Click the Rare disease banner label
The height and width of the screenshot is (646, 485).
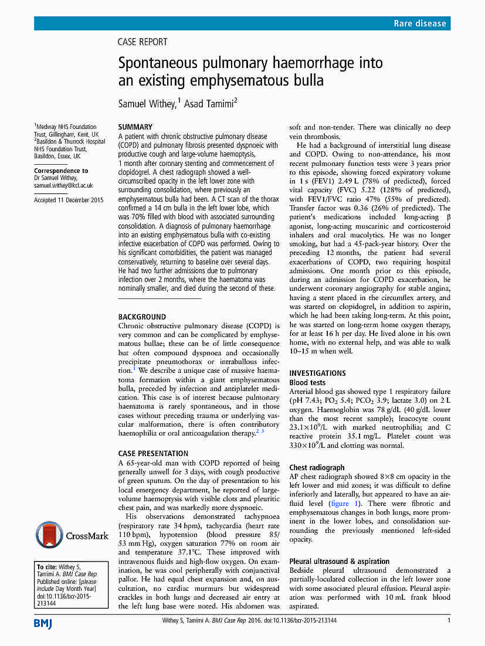click(x=419, y=23)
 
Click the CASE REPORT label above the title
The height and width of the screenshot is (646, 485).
click(x=143, y=42)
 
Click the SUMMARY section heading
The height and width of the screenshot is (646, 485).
click(x=135, y=127)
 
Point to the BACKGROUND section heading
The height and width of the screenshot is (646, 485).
click(x=142, y=317)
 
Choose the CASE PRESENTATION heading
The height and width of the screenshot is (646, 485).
click(x=153, y=453)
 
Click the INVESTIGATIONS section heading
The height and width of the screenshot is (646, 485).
click(x=317, y=373)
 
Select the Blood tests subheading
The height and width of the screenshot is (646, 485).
click(x=307, y=382)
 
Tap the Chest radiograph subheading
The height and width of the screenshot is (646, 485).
click(x=317, y=467)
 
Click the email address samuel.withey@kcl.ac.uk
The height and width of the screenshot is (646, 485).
click(x=63, y=185)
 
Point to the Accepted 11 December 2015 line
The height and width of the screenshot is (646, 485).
click(x=68, y=200)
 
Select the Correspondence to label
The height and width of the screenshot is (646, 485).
click(x=61, y=171)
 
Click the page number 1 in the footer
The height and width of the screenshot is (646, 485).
click(x=449, y=621)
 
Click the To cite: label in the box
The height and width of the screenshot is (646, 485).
click(x=47, y=567)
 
